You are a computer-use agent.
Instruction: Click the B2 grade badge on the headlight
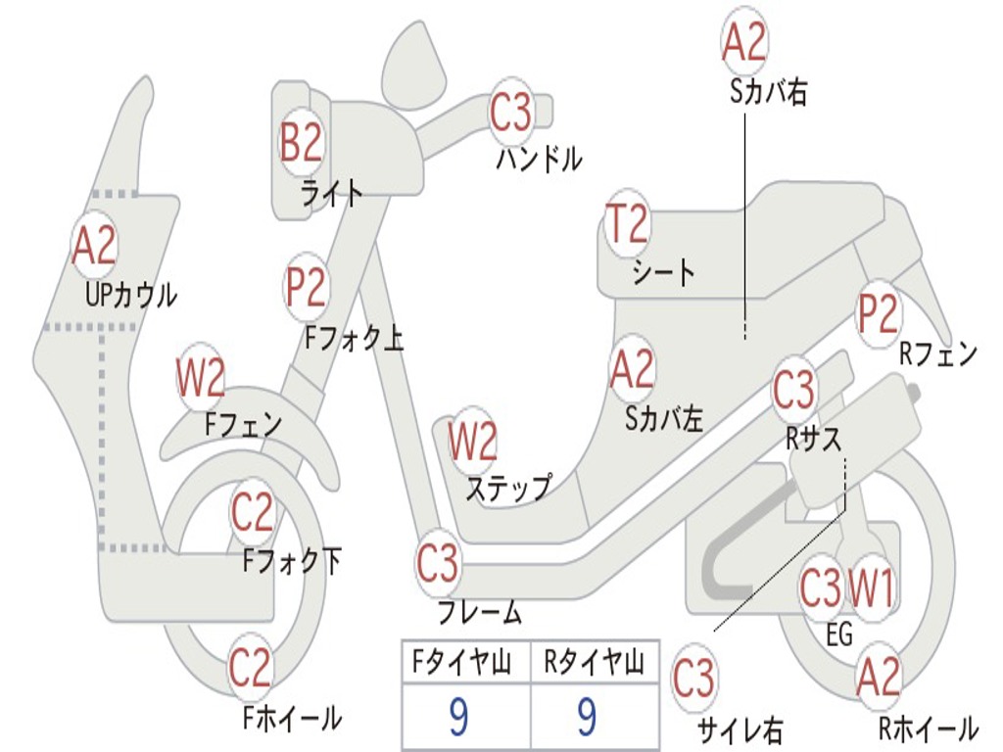(x=301, y=143)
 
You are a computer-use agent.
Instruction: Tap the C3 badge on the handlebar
(x=510, y=113)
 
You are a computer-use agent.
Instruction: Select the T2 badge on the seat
(x=627, y=226)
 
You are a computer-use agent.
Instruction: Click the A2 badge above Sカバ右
(x=744, y=43)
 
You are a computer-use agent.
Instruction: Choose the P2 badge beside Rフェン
(x=878, y=314)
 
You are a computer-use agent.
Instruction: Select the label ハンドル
(x=539, y=158)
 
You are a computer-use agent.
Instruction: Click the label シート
(x=663, y=271)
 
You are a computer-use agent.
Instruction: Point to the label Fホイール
(x=292, y=719)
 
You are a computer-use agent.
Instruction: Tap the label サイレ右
(x=740, y=729)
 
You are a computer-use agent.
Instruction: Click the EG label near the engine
(x=839, y=634)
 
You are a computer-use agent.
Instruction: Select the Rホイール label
(x=927, y=728)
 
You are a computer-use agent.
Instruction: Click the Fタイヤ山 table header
(x=465, y=664)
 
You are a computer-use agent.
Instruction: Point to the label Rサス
(x=813, y=439)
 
